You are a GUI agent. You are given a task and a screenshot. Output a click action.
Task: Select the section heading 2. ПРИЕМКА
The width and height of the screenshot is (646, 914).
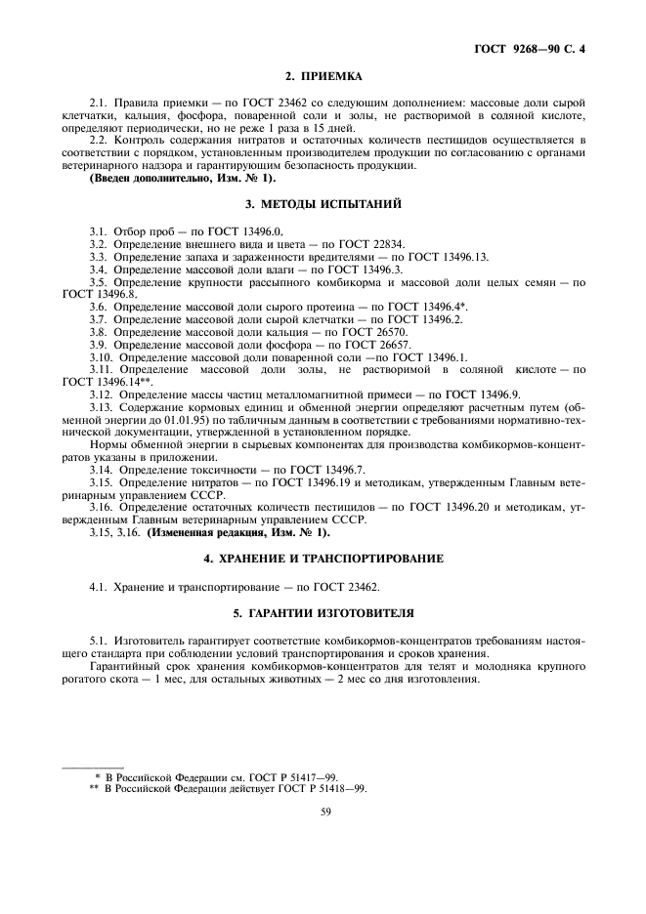(x=323, y=75)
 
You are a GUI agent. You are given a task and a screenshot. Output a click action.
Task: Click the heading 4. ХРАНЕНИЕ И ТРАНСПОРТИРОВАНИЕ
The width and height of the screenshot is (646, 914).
(x=323, y=558)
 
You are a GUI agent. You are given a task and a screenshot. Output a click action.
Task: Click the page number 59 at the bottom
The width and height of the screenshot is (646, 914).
(x=323, y=809)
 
